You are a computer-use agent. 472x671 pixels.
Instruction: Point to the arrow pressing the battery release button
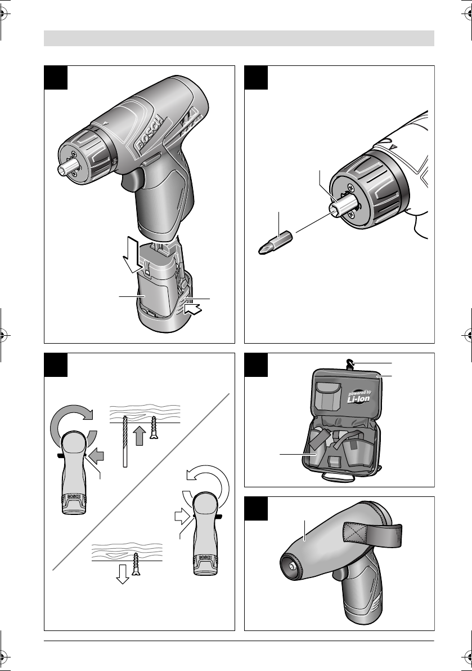tap(195, 309)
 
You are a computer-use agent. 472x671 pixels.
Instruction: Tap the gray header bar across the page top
tap(239, 38)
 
